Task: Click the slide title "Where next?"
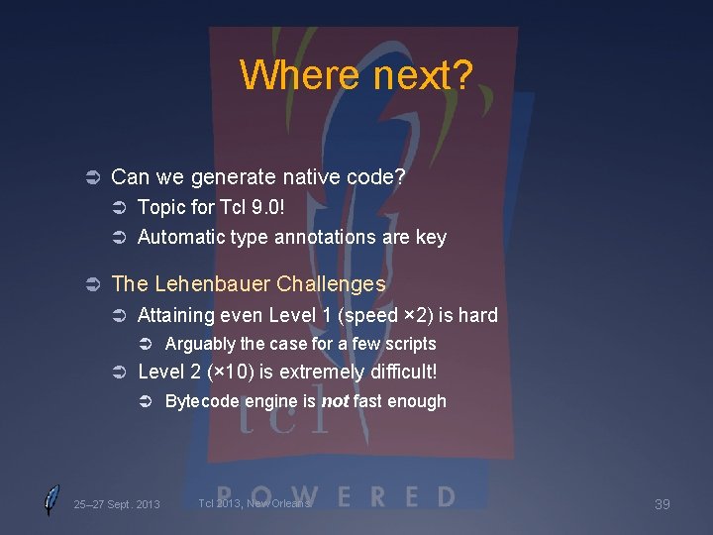(356, 74)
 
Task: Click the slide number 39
(662, 504)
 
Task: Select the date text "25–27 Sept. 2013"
(116, 504)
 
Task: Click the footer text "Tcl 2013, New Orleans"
(255, 503)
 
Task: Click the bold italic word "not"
(335, 401)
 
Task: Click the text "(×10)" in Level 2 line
(217, 373)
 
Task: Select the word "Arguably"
(200, 344)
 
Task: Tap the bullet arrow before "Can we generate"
(88, 178)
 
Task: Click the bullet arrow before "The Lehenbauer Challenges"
(88, 285)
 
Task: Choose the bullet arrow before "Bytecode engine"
(144, 402)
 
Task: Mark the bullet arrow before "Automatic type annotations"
(116, 238)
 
